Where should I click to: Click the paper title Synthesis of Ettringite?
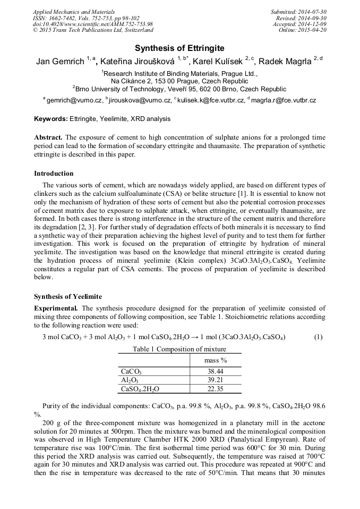(179, 48)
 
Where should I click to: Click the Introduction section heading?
(54, 174)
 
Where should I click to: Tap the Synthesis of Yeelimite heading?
(68, 296)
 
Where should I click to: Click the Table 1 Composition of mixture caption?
(179, 349)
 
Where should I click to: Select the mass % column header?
(216, 360)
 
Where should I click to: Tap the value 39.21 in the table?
(216, 381)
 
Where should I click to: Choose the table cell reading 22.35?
(216, 389)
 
